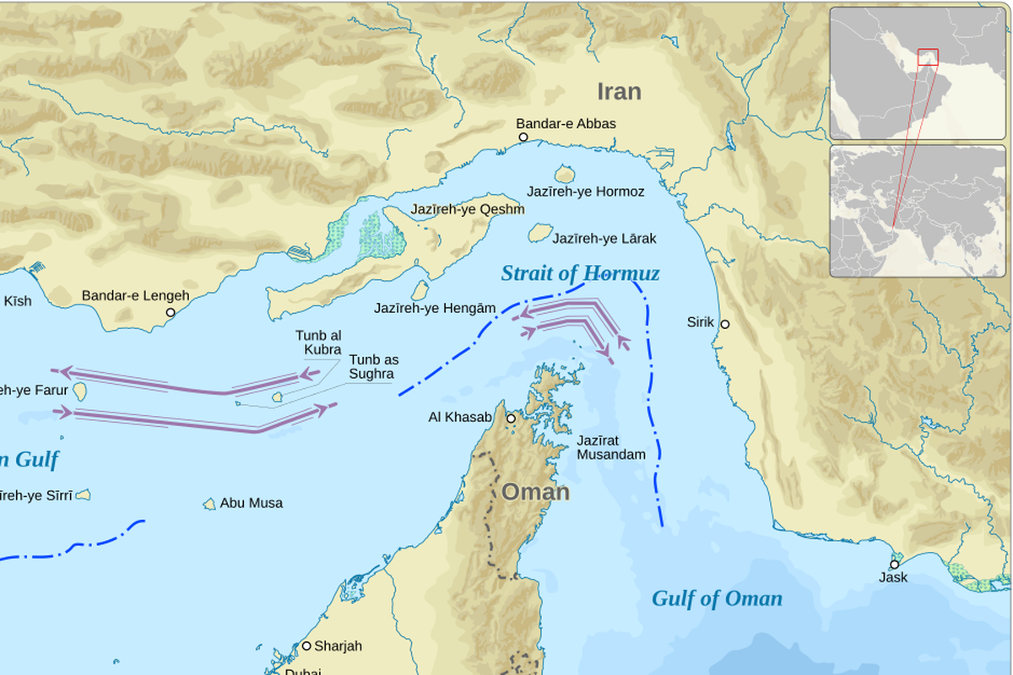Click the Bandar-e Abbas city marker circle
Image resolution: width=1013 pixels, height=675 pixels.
point(523,137)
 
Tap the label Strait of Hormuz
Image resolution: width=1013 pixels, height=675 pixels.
point(580,273)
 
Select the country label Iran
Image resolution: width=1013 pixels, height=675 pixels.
point(619,91)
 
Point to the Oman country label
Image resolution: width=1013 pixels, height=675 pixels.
point(535,492)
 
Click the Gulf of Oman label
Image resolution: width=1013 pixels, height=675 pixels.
point(717,598)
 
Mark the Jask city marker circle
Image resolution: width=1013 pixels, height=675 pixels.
point(894,564)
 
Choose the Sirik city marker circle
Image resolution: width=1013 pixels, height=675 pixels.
point(724,324)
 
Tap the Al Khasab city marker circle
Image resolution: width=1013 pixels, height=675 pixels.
point(511,418)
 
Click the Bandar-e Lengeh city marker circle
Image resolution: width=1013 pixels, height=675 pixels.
point(171,312)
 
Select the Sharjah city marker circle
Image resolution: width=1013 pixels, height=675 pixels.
point(306,645)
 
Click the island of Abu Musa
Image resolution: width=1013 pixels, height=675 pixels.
point(209,504)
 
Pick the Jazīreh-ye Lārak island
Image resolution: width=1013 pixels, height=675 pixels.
point(540,232)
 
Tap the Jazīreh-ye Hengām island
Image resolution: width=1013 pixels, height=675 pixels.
point(420,290)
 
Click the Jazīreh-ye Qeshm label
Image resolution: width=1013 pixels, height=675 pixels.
point(467,209)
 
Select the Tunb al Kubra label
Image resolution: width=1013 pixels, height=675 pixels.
point(318,343)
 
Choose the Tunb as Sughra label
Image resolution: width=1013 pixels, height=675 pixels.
point(373,365)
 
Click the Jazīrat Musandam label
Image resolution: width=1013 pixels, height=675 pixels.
point(610,447)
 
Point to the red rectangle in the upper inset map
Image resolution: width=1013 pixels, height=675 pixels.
point(928,57)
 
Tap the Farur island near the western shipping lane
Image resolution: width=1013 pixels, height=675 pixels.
point(81,391)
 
